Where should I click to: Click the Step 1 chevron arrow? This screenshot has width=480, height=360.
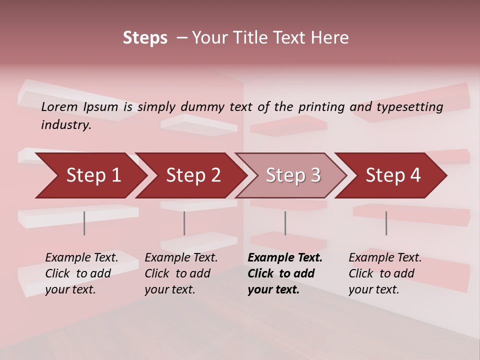[90, 175]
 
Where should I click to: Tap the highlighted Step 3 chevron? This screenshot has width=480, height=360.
[292, 175]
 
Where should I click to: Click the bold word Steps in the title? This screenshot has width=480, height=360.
[145, 38]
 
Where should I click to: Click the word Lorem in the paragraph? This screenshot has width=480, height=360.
[59, 106]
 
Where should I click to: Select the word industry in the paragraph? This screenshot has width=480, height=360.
[65, 124]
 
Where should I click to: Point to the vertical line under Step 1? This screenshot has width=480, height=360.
[84, 223]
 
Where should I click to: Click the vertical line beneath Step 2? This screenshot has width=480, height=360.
[184, 223]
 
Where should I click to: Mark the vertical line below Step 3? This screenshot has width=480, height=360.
[285, 223]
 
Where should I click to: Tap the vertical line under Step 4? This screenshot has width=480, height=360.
[386, 223]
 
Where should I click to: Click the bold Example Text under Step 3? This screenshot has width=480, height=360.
[285, 258]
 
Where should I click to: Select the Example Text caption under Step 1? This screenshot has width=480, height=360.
[82, 258]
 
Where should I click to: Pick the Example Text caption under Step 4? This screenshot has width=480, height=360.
[385, 258]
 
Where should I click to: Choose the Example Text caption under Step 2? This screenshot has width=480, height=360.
[181, 258]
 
